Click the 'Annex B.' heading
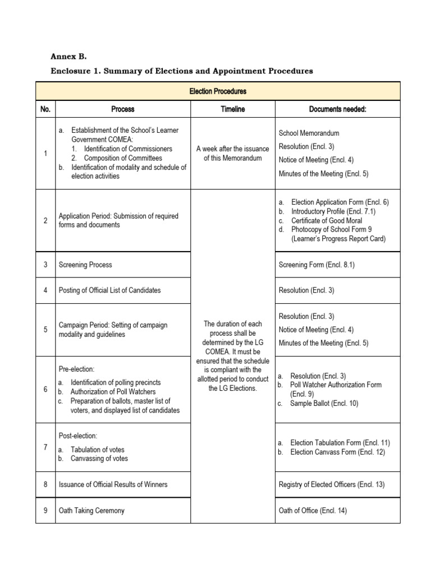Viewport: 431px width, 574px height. pyautogui.click(x=69, y=57)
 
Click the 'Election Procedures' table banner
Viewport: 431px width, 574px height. pyautogui.click(x=218, y=91)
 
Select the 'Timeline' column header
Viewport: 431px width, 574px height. pyautogui.click(x=232, y=109)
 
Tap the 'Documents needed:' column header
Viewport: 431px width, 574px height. pyautogui.click(x=337, y=109)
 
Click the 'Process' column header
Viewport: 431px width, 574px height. pyautogui.click(x=123, y=109)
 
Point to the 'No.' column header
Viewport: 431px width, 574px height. pyautogui.click(x=45, y=109)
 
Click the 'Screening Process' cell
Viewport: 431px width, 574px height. pyautogui.click(x=85, y=265)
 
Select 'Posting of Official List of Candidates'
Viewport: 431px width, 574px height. pyautogui.click(x=109, y=290)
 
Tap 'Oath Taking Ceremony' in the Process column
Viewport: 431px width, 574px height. pyautogui.click(x=91, y=511)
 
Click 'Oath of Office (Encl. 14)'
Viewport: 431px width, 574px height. pyautogui.click(x=313, y=511)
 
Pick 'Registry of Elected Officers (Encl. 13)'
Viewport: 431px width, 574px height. pyautogui.click(x=331, y=484)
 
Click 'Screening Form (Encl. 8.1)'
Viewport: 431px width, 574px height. pyautogui.click(x=316, y=265)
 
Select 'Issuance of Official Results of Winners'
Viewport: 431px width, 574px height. pyautogui.click(x=113, y=484)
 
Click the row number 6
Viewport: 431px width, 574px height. pyautogui.click(x=45, y=389)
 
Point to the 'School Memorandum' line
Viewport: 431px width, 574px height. pyautogui.click(x=309, y=133)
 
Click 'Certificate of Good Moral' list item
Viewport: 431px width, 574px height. pyautogui.click(x=327, y=220)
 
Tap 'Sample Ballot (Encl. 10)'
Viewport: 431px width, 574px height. pyautogui.click(x=324, y=403)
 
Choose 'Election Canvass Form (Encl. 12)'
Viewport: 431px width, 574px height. pyautogui.click(x=337, y=452)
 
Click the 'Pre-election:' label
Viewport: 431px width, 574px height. pyautogui.click(x=77, y=369)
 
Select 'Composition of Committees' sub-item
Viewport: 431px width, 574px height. pyautogui.click(x=123, y=158)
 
